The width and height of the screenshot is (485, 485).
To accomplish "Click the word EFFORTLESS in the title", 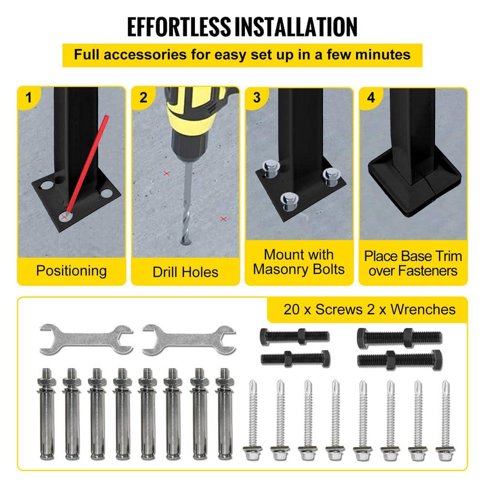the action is tap(179, 27).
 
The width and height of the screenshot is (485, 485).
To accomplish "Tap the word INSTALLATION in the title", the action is tap(296, 27).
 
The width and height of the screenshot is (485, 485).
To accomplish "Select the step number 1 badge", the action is tap(29, 97).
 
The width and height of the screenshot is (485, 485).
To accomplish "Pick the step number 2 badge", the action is tap(143, 97).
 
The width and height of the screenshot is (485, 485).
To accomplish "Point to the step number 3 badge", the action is tap(257, 97).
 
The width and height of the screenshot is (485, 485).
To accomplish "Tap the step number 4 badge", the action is tap(371, 97).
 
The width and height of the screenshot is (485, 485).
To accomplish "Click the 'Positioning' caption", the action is tap(71, 271).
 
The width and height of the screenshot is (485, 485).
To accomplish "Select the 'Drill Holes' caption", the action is tap(185, 272).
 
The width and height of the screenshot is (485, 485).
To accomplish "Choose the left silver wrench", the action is tap(86, 339).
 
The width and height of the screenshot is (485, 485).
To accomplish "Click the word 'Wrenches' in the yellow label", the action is tap(423, 309).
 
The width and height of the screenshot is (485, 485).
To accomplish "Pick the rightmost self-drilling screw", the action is tap(445, 420).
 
